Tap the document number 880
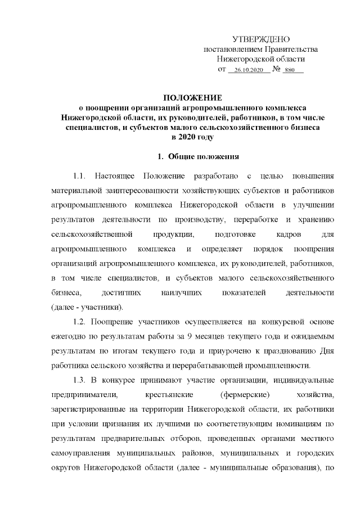pyautogui.click(x=290, y=71)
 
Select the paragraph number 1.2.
pyautogui.click(x=80, y=322)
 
